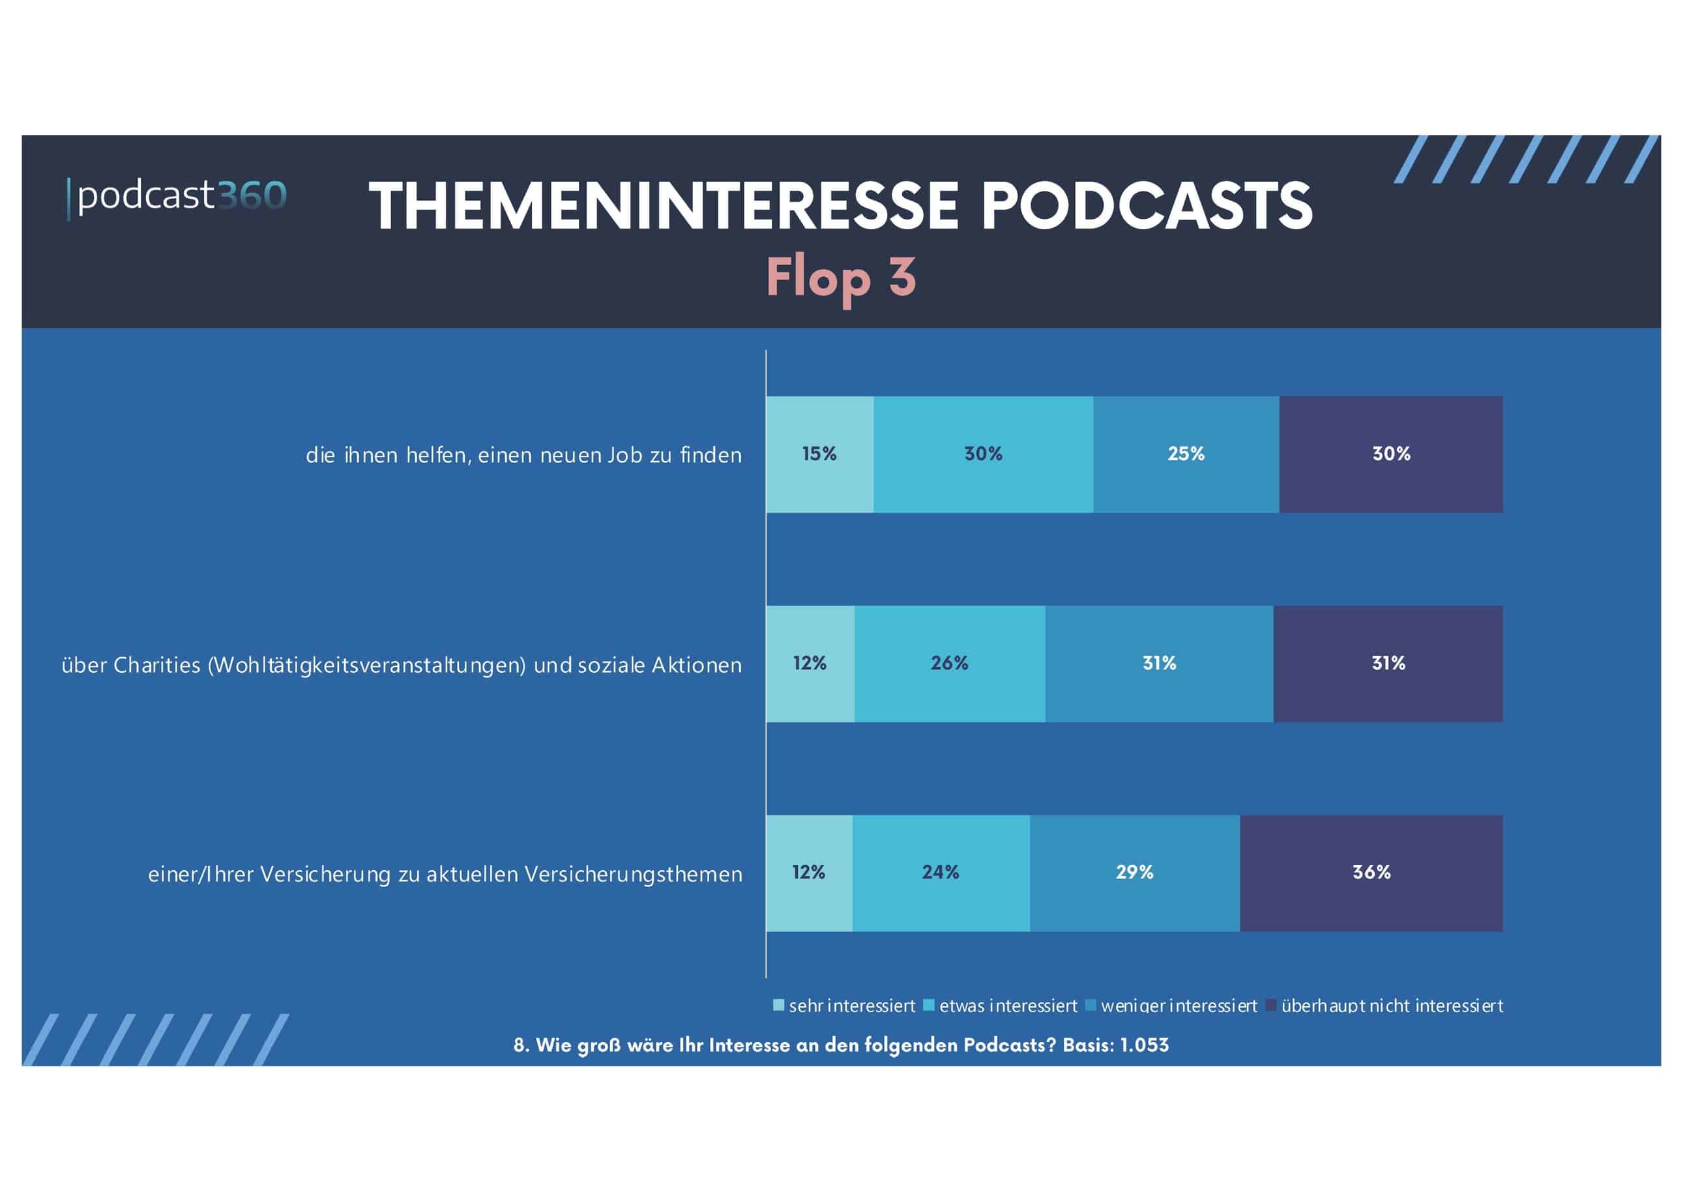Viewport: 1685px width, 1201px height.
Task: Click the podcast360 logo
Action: (x=177, y=197)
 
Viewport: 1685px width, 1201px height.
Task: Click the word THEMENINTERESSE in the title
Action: (x=663, y=206)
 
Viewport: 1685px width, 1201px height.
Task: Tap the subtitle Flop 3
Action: (x=841, y=277)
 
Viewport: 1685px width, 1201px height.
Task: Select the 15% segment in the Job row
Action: (x=819, y=454)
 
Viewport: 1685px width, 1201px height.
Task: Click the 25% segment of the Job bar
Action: (x=1186, y=454)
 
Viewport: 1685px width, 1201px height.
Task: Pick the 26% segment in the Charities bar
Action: (x=950, y=664)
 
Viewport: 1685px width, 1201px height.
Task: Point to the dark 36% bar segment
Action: (x=1371, y=873)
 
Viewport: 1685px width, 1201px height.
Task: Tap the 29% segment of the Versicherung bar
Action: (x=1134, y=873)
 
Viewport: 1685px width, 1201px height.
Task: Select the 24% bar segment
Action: (x=940, y=873)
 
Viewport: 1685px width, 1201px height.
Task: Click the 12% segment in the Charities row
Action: (x=810, y=664)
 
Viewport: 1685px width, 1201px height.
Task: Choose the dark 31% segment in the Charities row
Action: (x=1388, y=664)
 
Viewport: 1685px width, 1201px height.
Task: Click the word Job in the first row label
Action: (x=624, y=455)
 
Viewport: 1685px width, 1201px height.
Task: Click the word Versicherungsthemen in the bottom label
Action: (x=633, y=875)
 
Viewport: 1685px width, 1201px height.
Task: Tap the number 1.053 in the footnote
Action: (x=1144, y=1045)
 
